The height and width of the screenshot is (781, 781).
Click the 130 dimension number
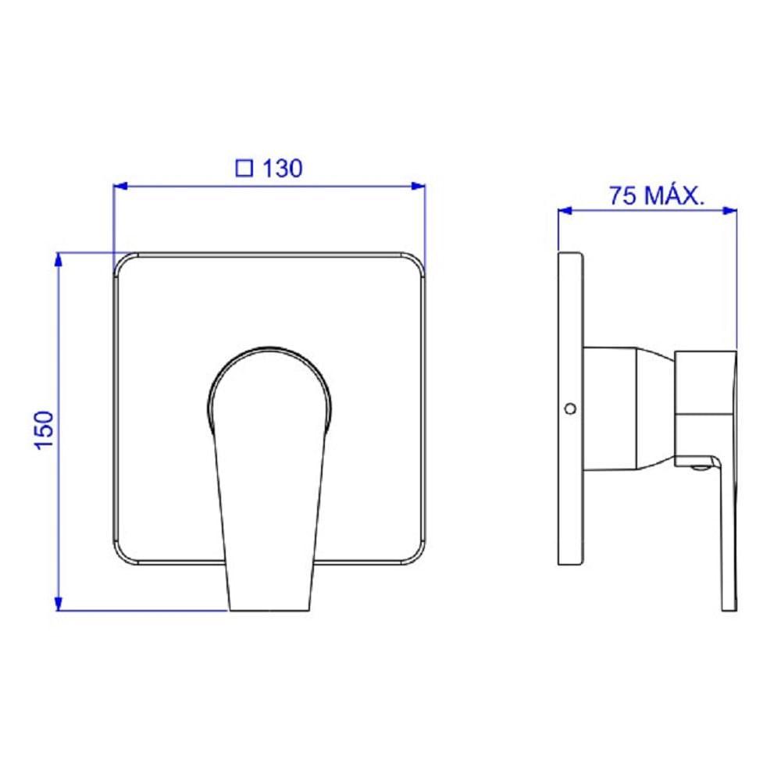[x=282, y=169]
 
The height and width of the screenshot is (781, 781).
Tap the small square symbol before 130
[x=244, y=169]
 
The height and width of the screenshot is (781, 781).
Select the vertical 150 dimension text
[x=45, y=431]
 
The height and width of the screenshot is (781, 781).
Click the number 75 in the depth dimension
[x=623, y=195]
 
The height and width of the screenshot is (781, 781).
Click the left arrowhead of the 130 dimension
[x=120, y=187]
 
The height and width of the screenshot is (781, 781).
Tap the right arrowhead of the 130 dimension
[x=419, y=187]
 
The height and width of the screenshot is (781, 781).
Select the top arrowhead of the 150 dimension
[x=59, y=259]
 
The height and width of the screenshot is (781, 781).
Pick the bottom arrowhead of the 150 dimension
[x=59, y=604]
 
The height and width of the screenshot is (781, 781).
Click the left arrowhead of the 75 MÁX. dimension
[x=565, y=211]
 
